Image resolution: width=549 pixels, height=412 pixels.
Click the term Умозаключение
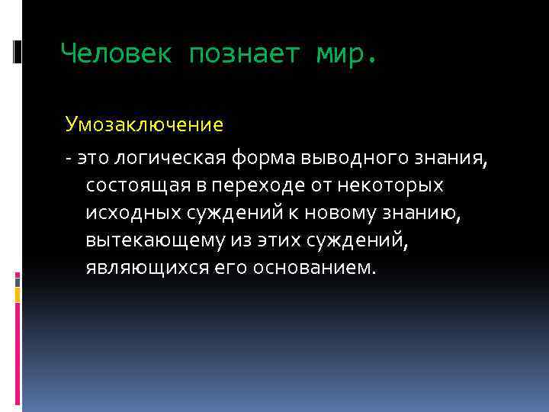[x=144, y=124]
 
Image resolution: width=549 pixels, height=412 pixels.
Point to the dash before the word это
[x=68, y=157]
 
